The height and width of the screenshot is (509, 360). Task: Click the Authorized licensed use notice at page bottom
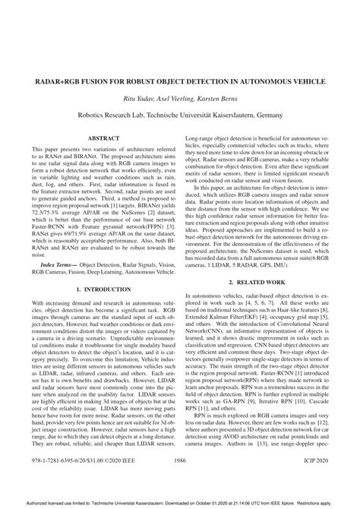tap(180, 503)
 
